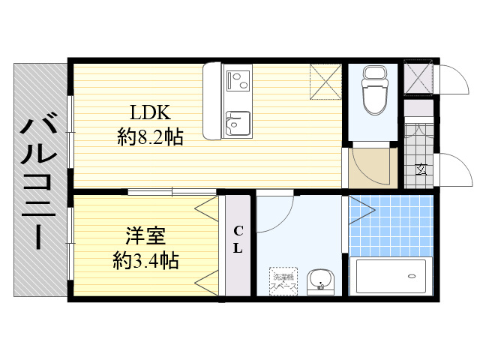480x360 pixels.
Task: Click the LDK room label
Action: tap(150, 112)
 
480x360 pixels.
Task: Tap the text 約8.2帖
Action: tap(150, 136)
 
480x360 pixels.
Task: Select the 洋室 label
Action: tap(145, 235)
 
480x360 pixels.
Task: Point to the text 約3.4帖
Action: tap(145, 260)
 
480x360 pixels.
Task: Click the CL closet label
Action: tap(238, 239)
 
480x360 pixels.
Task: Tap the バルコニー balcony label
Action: tap(39, 181)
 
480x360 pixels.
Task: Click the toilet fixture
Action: tap(373, 91)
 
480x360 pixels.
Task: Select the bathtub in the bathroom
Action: tap(391, 277)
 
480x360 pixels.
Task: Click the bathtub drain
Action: tap(412, 276)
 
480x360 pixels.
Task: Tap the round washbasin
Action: tap(321, 280)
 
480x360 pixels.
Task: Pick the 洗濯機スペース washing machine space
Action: tap(283, 282)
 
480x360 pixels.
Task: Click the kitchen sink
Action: tap(238, 124)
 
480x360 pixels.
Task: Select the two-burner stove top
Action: tap(238, 80)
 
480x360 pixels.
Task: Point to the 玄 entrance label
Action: tap(421, 169)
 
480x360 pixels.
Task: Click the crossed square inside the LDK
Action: tap(325, 82)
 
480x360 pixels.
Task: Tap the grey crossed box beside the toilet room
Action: tap(418, 77)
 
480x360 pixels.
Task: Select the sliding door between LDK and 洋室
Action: tap(172, 192)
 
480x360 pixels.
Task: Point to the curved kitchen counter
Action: tap(211, 101)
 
